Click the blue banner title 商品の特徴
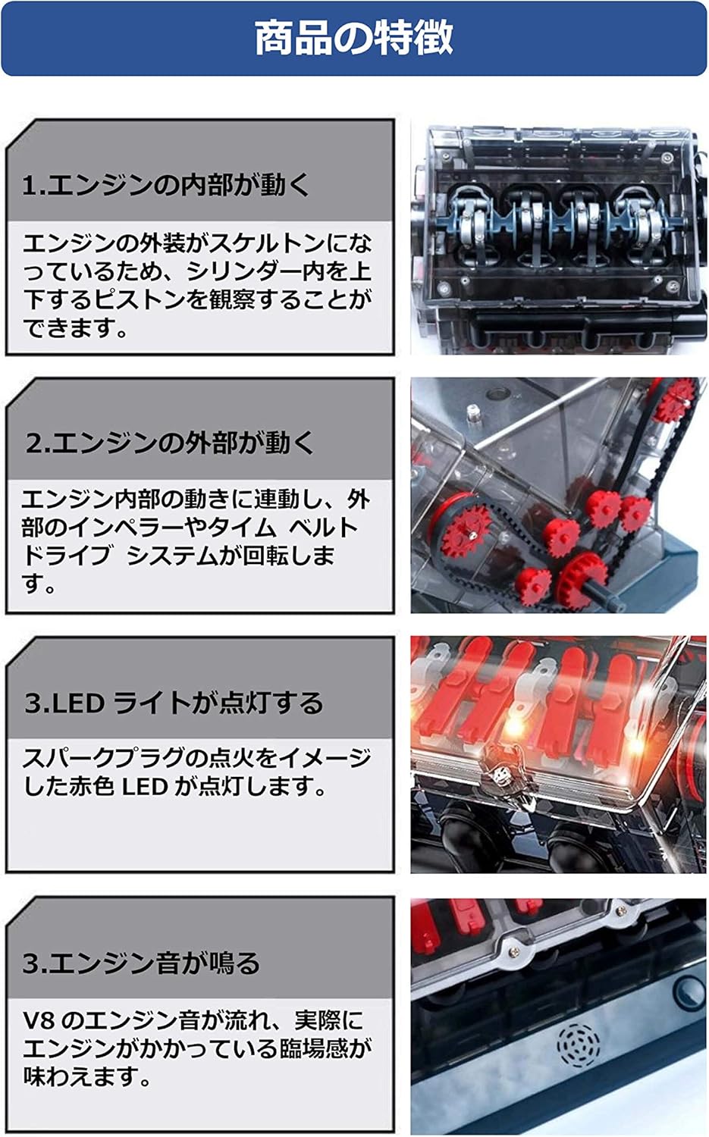[353, 38]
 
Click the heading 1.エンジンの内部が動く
[167, 185]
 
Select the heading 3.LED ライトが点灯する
[174, 703]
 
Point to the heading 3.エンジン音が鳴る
[141, 963]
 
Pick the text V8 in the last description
[38, 1020]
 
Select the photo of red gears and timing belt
[558, 495]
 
